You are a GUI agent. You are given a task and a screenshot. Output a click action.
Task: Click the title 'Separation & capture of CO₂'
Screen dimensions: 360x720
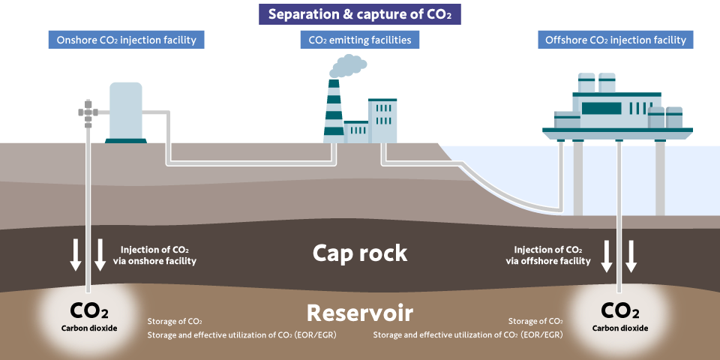point(360,14)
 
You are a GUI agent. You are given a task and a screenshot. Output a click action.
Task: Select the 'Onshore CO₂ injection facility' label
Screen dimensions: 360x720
point(127,40)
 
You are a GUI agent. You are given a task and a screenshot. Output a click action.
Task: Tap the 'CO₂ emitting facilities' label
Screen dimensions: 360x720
point(360,40)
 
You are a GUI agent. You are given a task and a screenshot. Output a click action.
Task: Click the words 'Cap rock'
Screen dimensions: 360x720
point(360,253)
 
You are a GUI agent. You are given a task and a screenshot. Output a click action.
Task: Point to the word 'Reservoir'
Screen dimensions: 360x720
point(360,312)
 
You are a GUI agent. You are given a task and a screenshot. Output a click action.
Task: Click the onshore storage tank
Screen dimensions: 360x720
point(125,110)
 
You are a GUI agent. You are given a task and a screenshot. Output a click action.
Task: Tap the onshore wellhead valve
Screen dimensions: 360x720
point(88,113)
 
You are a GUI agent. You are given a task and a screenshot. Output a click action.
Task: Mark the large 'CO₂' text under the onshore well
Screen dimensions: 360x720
point(89,310)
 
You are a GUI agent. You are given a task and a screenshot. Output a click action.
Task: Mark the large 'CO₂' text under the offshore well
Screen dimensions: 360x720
point(619,310)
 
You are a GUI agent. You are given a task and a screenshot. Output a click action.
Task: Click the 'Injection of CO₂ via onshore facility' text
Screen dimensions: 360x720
point(158,255)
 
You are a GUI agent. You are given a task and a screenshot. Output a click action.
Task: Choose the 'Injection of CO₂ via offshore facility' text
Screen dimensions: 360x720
point(548,255)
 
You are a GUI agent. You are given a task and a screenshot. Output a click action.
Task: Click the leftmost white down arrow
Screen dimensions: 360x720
point(76,255)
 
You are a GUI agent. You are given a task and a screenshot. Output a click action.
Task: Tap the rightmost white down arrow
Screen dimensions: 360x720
point(631,256)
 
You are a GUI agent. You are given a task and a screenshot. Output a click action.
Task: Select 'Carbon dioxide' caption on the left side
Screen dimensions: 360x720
point(89,328)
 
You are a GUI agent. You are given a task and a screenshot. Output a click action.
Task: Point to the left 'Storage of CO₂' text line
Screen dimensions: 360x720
point(175,321)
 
